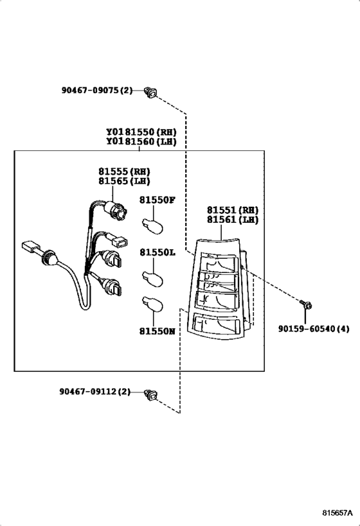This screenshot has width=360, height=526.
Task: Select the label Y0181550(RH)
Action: tap(141, 132)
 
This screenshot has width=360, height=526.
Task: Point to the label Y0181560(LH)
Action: tap(141, 142)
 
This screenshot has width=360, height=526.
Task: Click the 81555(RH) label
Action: tap(124, 171)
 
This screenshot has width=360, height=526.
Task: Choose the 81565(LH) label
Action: tap(124, 182)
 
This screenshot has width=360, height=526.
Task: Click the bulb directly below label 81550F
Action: tap(153, 225)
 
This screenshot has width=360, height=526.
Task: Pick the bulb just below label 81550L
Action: tap(153, 277)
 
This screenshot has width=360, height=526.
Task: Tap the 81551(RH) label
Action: tap(232, 210)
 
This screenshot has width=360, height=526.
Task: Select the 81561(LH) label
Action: tap(232, 220)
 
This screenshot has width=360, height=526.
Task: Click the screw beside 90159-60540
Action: tap(307, 304)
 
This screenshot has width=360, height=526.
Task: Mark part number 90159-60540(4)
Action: tap(314, 328)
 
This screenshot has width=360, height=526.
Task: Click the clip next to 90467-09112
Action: tap(152, 393)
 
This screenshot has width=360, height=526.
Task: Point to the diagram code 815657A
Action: tap(337, 514)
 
